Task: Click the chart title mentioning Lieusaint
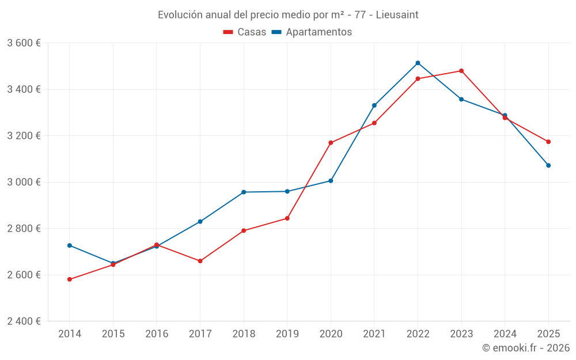(288, 14)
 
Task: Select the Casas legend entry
(245, 32)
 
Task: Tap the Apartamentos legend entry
(312, 32)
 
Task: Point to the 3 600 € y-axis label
(24, 43)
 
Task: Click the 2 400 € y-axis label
(24, 321)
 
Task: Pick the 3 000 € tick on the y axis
(24, 182)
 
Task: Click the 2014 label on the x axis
(70, 334)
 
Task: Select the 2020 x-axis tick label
(331, 334)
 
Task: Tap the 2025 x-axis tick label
(548, 334)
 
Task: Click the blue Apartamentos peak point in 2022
(418, 63)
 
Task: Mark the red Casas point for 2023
(461, 71)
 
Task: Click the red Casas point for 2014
(70, 279)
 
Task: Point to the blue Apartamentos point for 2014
(70, 245)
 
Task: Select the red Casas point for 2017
(200, 261)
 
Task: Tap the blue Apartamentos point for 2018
(244, 192)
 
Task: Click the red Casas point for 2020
(331, 143)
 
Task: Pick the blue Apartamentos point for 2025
(548, 165)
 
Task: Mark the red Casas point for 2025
(548, 142)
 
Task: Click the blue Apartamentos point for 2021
(374, 105)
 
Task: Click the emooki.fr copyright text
(525, 348)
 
